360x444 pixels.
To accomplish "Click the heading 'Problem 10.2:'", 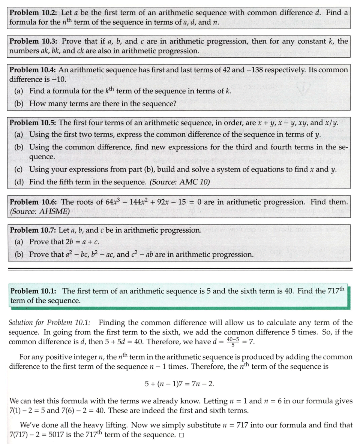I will click(x=33, y=12).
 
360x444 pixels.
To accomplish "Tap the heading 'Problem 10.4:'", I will click(x=33, y=70).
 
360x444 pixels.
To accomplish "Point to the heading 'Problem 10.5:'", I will click(x=33, y=123).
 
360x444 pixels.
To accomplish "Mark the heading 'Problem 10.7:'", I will click(x=33, y=230).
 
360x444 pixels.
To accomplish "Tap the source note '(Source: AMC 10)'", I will click(x=180, y=182).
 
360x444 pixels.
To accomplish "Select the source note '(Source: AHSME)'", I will click(x=40, y=211).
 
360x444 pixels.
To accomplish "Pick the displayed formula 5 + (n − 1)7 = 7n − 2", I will click(x=180, y=384).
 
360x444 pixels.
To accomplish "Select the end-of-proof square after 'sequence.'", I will click(x=181, y=435).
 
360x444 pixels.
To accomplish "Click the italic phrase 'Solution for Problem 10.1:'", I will click(x=49, y=323).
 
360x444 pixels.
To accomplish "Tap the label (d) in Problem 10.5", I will click(x=18, y=182).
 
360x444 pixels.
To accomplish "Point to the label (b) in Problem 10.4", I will click(x=18, y=104).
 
